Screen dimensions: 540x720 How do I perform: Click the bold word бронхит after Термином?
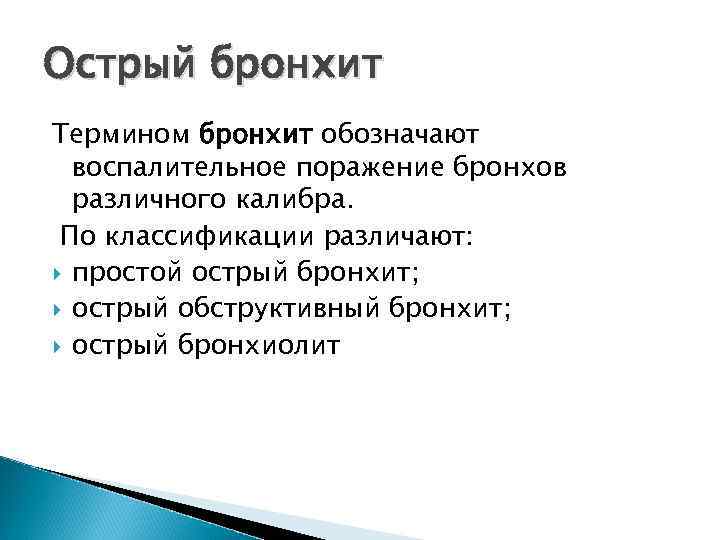pyautogui.click(x=258, y=133)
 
